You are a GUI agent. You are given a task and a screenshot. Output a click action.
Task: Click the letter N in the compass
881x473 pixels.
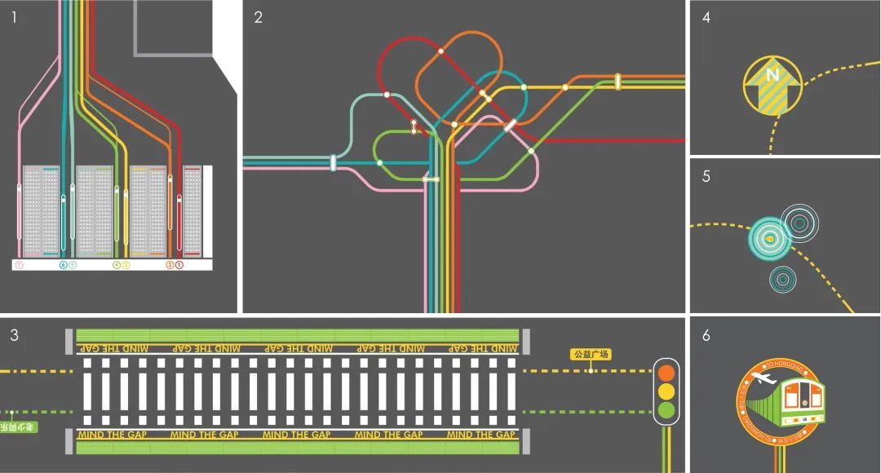pyautogui.click(x=772, y=75)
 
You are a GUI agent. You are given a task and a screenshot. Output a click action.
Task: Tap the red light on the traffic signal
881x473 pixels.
pyautogui.click(x=667, y=373)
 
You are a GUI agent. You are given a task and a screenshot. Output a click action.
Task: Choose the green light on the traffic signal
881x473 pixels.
pyautogui.click(x=667, y=409)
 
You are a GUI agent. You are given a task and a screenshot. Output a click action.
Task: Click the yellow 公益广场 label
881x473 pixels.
pyautogui.click(x=591, y=355)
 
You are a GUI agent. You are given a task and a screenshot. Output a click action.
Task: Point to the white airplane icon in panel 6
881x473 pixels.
pyautogui.click(x=764, y=378)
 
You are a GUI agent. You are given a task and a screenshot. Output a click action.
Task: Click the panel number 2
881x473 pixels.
pyautogui.click(x=259, y=17)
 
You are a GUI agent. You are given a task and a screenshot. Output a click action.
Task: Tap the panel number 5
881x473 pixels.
pyautogui.click(x=706, y=175)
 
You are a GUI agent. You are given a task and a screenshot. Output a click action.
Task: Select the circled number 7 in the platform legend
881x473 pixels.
pyautogui.click(x=20, y=265)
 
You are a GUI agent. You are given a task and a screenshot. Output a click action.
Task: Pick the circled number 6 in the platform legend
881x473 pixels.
pyautogui.click(x=64, y=265)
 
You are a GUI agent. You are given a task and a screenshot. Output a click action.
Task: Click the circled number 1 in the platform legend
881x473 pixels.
pyautogui.click(x=179, y=265)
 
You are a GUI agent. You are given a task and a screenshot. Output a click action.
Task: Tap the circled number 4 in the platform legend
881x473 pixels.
pyautogui.click(x=117, y=265)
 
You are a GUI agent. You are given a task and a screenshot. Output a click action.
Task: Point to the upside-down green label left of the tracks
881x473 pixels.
pyautogui.click(x=17, y=427)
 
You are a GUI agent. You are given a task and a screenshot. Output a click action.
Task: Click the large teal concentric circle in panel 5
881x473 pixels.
pyautogui.click(x=768, y=238)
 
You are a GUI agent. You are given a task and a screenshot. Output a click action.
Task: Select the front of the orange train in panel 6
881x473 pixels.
pyautogui.click(x=803, y=399)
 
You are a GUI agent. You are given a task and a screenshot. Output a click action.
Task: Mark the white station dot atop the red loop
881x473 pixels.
pyautogui.click(x=440, y=51)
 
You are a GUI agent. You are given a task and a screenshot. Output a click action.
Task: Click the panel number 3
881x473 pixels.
pyautogui.click(x=14, y=334)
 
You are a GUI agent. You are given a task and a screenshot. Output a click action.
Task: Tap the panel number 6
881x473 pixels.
pyautogui.click(x=706, y=334)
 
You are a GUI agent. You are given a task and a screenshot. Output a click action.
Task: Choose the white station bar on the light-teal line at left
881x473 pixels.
pyautogui.click(x=333, y=162)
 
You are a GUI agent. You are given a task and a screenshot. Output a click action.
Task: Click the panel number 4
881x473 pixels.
pyautogui.click(x=706, y=17)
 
